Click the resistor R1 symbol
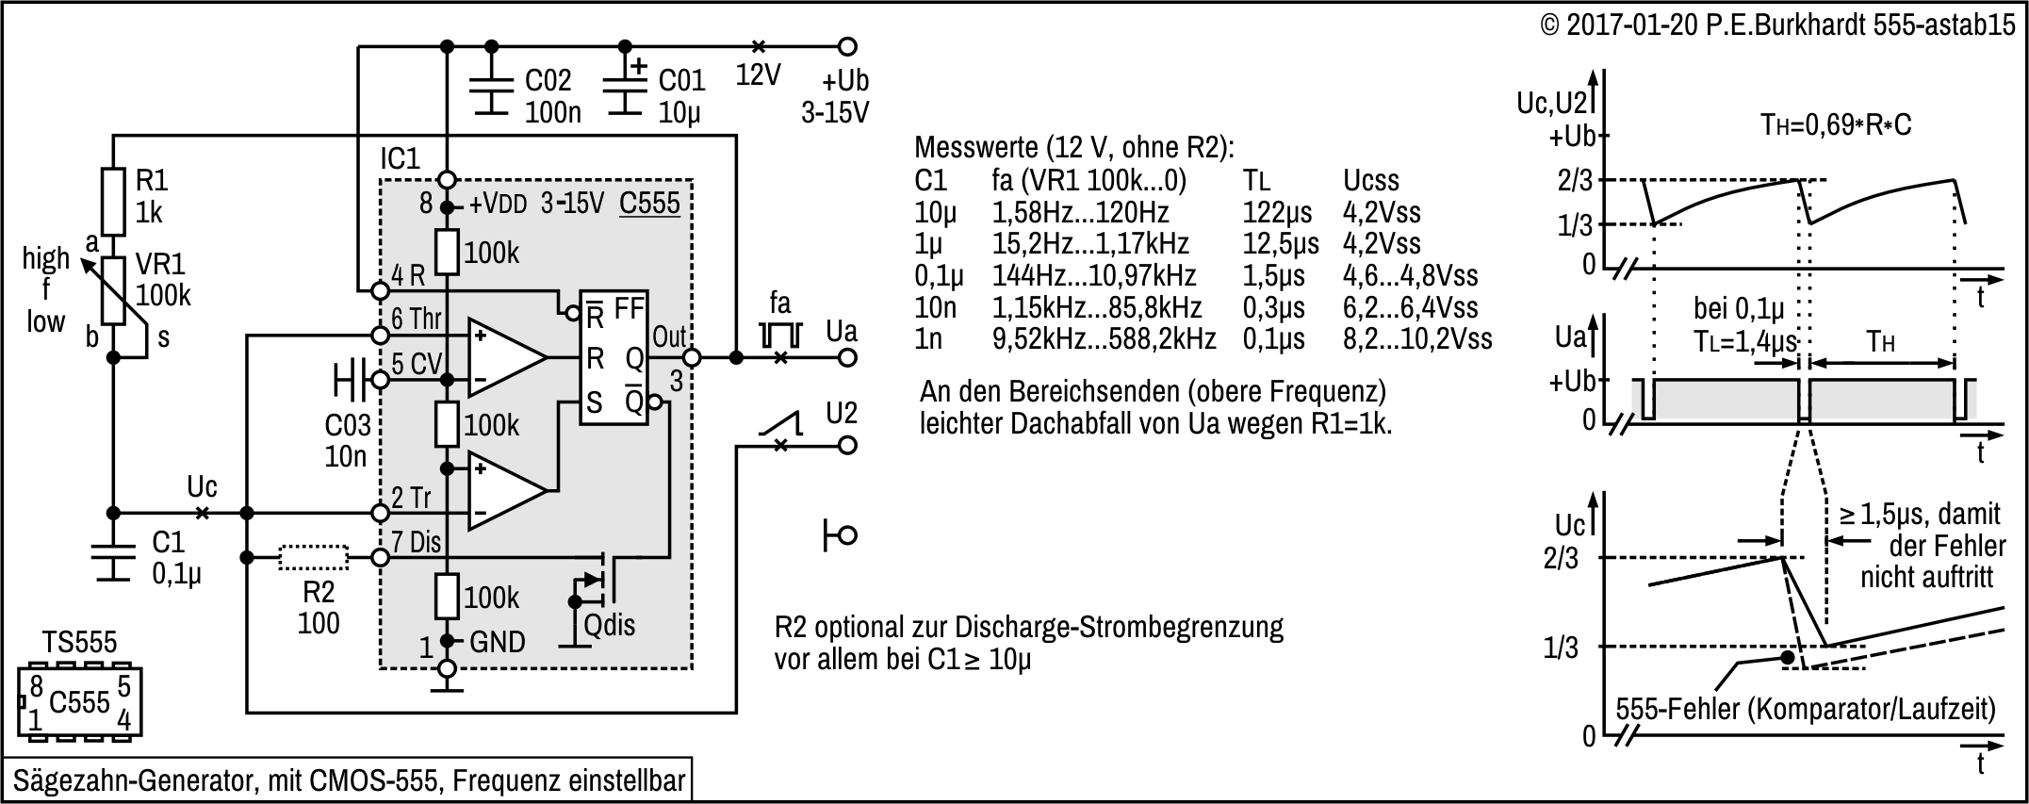click(113, 202)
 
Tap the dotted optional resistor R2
click(314, 558)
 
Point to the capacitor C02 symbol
click(490, 94)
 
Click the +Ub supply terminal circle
click(847, 46)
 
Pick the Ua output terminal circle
click(847, 357)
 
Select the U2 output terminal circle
click(847, 445)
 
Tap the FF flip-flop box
click(614, 357)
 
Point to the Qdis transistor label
click(610, 624)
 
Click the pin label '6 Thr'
click(417, 320)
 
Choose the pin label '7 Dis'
click(416, 542)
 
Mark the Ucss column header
click(1370, 180)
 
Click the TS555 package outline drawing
click(79, 702)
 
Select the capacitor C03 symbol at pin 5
click(349, 380)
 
